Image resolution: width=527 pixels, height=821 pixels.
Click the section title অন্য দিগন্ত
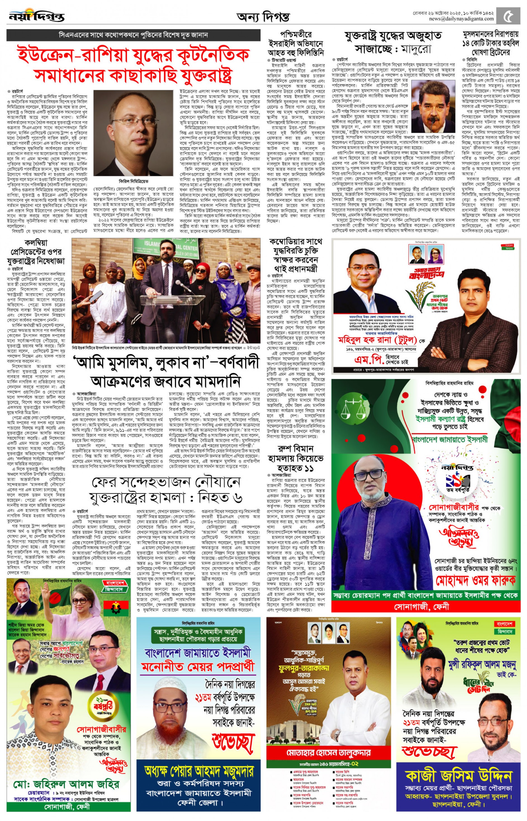pyautogui.click(x=263, y=17)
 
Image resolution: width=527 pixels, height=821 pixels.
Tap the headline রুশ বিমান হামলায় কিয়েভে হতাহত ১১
pyautogui.click(x=295, y=458)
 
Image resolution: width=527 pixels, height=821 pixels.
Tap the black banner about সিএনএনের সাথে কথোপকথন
pyautogui.click(x=133, y=35)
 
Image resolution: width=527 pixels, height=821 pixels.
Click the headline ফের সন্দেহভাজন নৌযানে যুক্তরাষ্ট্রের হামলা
pyautogui.click(x=166, y=490)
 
